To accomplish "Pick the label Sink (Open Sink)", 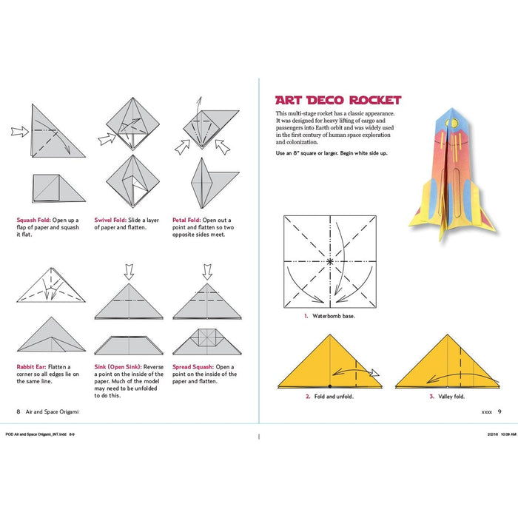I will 119,366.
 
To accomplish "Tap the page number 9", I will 499,411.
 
